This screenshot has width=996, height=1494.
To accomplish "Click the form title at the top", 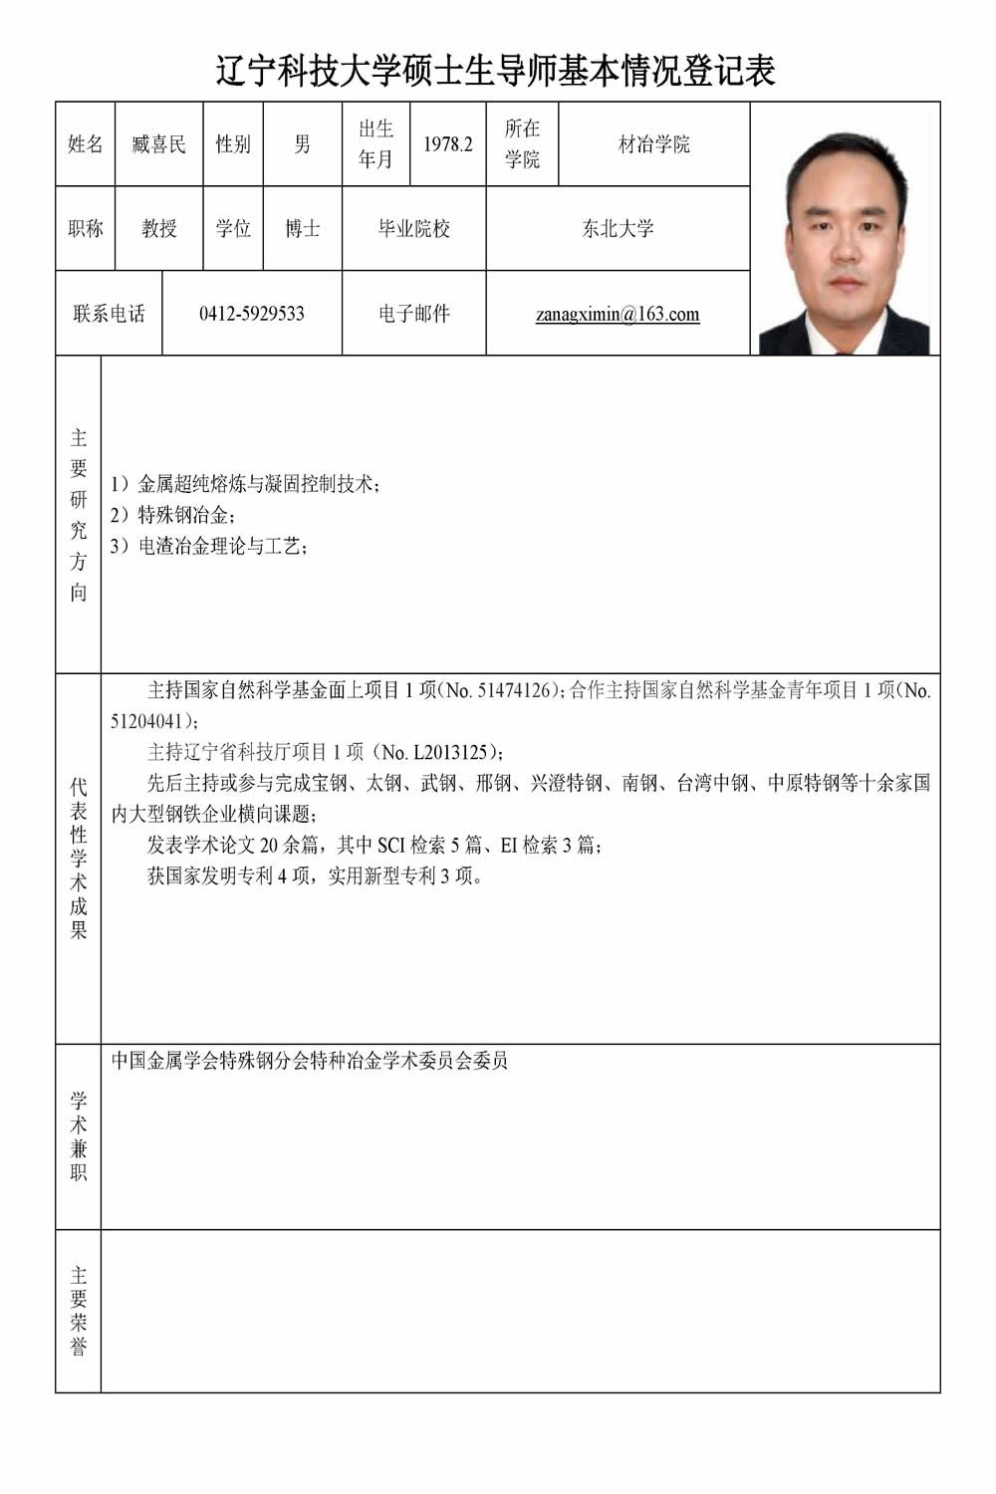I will coord(496,71).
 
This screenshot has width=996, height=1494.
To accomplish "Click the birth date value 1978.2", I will coord(447,144).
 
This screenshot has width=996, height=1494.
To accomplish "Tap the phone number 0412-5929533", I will coord(252,314).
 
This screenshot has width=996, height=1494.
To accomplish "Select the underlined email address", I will coord(618,315).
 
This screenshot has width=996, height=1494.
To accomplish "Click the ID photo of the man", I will coord(845,229).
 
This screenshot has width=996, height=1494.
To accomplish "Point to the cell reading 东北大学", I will coord(618,229).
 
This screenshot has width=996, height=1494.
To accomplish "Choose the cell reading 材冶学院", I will coord(653,144).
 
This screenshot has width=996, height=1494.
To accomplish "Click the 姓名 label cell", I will coord(86,144).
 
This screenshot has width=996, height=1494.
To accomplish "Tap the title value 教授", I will coord(159,229).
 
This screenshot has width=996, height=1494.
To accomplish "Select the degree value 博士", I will coord(302,229).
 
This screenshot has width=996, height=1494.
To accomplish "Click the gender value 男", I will coord(302,144).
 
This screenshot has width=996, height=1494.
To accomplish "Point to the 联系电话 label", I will coord(109,314).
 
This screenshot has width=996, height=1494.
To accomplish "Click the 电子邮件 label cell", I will coord(413,314).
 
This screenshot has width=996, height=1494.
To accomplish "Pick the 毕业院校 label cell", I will coord(413,229).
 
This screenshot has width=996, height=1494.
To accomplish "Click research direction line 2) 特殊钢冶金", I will coord(173,516).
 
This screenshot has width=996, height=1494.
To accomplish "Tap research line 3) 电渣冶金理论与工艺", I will coord(209,547).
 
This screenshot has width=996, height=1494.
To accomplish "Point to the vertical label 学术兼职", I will coord(79,1136).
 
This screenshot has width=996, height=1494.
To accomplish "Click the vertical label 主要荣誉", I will coord(79,1311).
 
